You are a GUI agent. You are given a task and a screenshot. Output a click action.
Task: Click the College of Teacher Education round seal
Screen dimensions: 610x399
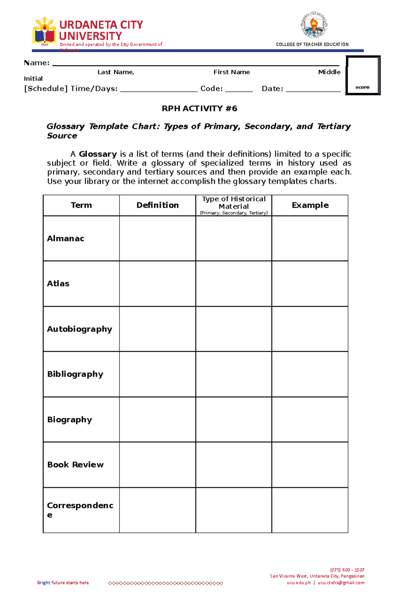(314, 25)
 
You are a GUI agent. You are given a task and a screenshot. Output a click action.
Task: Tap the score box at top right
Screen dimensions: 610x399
(363, 75)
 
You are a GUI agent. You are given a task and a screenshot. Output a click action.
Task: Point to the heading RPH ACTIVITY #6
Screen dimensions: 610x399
(199, 109)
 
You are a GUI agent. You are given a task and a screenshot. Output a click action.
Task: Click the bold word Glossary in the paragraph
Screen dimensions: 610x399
(98, 154)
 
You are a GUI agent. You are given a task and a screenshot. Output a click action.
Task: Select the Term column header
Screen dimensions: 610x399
(81, 205)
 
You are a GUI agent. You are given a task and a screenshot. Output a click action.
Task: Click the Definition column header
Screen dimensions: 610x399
(158, 205)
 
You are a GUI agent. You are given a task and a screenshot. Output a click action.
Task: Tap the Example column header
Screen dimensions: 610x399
(310, 205)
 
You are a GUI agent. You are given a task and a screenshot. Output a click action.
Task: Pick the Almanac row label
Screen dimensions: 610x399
(66, 239)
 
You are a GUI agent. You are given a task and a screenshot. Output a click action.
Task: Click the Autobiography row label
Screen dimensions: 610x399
(79, 329)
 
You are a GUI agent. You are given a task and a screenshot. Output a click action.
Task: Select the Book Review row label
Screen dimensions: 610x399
(75, 465)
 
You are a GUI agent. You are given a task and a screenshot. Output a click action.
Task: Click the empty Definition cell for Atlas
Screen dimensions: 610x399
(158, 284)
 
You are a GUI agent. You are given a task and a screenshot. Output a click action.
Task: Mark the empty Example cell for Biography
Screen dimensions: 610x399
(310, 420)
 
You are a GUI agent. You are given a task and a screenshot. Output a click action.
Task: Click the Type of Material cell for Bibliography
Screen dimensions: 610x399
(234, 374)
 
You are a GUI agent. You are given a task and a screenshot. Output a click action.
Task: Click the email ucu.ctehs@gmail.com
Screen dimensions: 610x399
(341, 583)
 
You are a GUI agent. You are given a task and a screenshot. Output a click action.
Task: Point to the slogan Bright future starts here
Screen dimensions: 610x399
(63, 583)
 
